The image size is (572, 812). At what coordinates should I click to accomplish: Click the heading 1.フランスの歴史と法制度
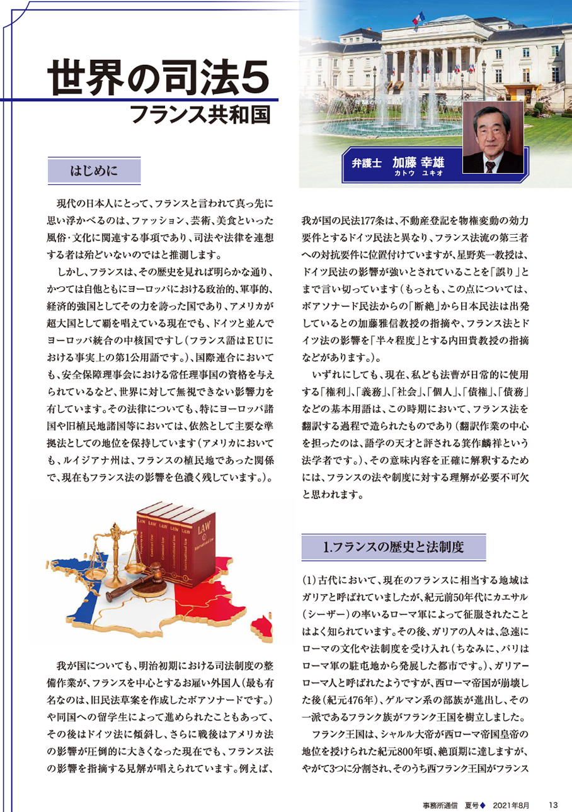pyautogui.click(x=394, y=546)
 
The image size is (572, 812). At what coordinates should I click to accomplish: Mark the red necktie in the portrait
pyautogui.click(x=491, y=166)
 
